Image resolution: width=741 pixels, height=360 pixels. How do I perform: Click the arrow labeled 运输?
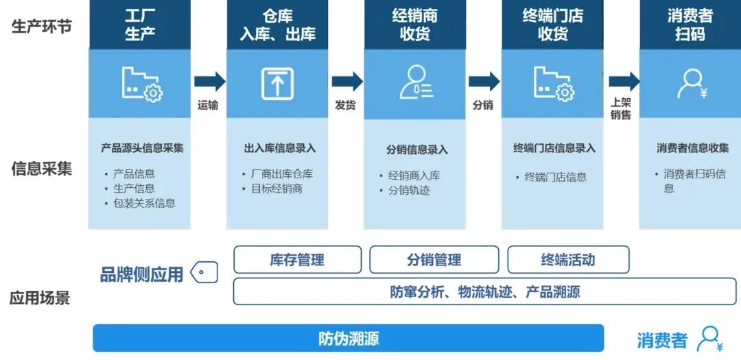click(209, 82)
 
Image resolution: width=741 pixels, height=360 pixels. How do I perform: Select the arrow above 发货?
click(347, 82)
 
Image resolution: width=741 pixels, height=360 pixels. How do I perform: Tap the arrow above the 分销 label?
click(484, 82)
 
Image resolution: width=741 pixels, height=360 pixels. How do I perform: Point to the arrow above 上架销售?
click(624, 82)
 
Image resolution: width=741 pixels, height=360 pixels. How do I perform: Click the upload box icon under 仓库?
click(277, 84)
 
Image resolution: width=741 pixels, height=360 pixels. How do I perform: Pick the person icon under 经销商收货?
click(416, 82)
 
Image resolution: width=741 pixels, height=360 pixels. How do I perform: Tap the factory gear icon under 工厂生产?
click(142, 84)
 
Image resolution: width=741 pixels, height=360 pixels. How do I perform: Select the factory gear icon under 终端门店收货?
click(554, 84)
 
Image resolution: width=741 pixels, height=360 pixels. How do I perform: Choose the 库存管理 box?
click(297, 259)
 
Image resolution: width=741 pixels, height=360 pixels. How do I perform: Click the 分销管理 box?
click(434, 259)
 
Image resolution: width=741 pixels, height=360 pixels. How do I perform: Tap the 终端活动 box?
click(568, 259)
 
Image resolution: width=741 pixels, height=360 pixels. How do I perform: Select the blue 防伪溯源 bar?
click(349, 338)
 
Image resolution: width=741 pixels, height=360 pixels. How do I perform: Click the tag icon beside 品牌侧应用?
click(204, 273)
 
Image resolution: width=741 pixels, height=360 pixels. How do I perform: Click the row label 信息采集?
click(42, 169)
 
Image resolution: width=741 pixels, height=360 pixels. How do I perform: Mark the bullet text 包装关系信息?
click(145, 203)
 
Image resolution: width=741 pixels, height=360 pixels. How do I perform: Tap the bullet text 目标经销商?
click(277, 189)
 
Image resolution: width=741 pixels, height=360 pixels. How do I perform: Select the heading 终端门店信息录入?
click(554, 148)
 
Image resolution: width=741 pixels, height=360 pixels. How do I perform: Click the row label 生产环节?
click(42, 27)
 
